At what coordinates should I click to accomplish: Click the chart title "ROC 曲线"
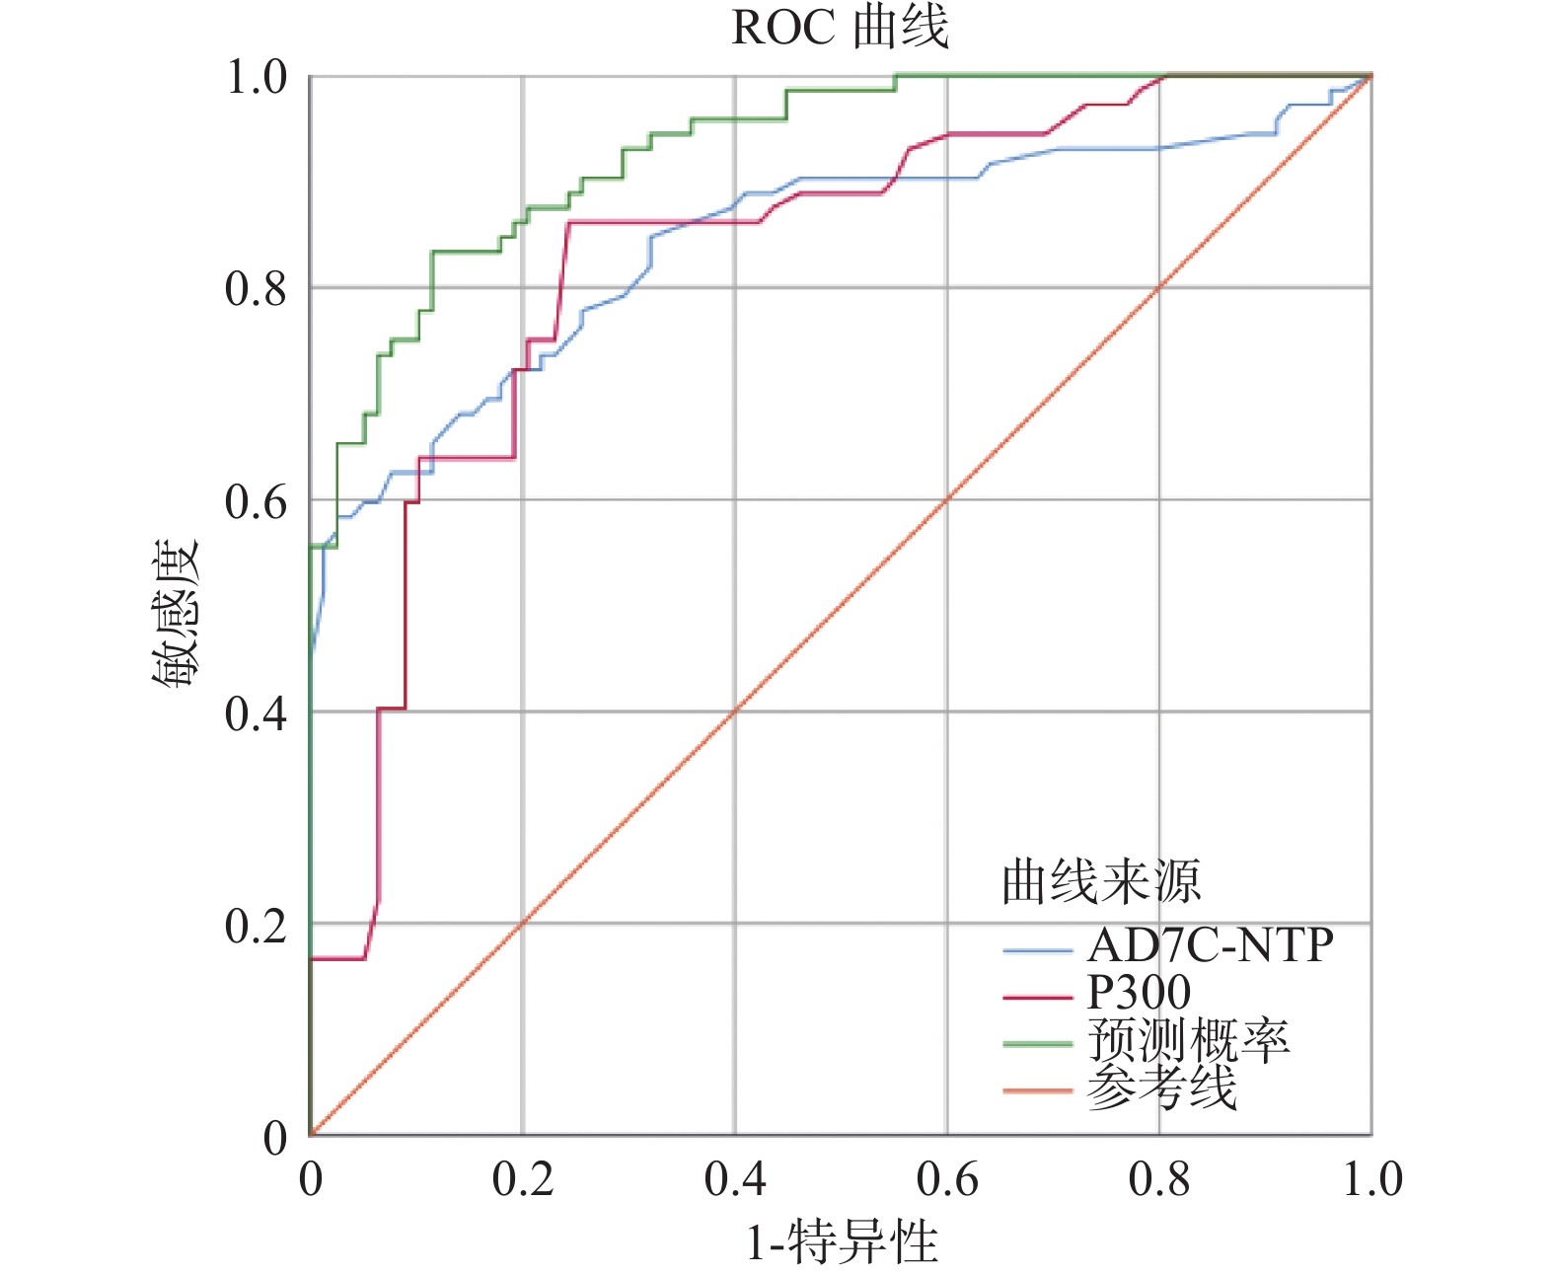click(840, 28)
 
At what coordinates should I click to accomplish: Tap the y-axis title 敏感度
click(177, 613)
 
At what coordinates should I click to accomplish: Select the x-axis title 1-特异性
click(841, 1241)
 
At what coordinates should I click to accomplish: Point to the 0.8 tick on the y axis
click(255, 288)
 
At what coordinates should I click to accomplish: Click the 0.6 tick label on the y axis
click(255, 501)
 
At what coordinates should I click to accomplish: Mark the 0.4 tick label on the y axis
click(255, 712)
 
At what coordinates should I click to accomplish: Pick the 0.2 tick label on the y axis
click(255, 925)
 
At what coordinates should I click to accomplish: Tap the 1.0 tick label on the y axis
click(255, 77)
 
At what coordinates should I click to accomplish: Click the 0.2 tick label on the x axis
click(523, 1178)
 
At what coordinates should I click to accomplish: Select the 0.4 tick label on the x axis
click(735, 1178)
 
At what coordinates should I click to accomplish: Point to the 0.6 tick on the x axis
click(947, 1178)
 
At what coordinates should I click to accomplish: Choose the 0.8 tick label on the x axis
click(1159, 1178)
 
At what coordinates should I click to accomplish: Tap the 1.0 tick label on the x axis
click(1371, 1178)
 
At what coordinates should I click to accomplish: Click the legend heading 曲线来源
click(1101, 881)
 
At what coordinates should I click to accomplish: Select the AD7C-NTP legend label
click(1210, 945)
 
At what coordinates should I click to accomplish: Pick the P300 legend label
click(1139, 992)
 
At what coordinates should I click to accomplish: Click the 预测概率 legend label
click(1188, 1040)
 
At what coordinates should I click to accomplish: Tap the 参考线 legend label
click(1161, 1087)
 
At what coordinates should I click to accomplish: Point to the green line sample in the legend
click(1037, 1044)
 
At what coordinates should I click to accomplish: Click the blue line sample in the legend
click(1037, 951)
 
